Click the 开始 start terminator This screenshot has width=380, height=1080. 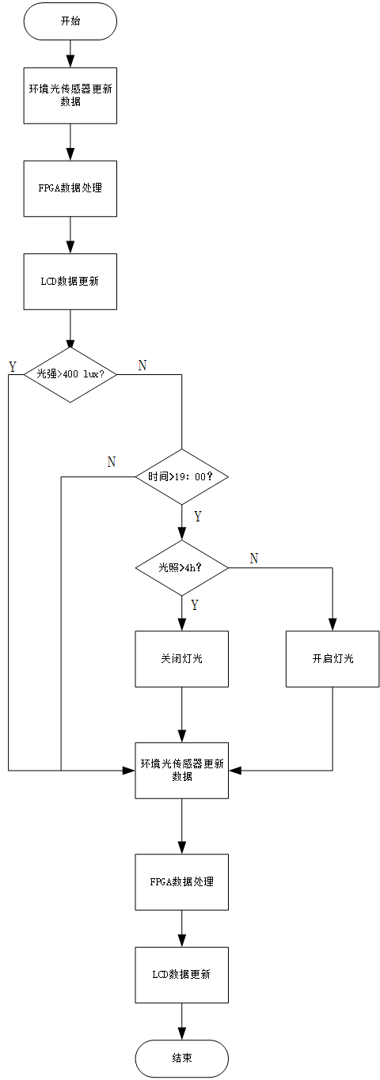pos(70,21)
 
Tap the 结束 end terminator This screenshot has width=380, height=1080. pos(182,1059)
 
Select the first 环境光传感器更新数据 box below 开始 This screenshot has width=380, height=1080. pos(70,96)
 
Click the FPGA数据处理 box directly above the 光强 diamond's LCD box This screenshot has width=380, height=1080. pos(70,188)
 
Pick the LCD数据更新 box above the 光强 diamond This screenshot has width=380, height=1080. pos(70,282)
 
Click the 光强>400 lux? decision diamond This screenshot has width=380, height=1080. pos(70,374)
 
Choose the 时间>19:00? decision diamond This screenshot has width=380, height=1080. pos(182,477)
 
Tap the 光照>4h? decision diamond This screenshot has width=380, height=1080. pos(182,568)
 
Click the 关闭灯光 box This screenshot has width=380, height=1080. pos(182,659)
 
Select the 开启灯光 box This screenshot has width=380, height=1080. pos(332,659)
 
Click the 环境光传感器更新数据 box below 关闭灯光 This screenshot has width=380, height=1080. pos(182,771)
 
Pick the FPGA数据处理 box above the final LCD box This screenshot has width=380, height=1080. pos(182,882)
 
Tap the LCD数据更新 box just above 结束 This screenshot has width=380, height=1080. pos(182,975)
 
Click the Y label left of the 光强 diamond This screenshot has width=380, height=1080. pos(13,367)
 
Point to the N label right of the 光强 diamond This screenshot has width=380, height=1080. pos(142,366)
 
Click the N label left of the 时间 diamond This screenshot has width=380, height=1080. pos(112,462)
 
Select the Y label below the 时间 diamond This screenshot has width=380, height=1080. pos(198,517)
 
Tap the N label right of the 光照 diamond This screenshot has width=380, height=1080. pos(254,559)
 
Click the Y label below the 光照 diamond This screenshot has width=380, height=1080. pos(194,605)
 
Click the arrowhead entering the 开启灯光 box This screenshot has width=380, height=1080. pos(332,625)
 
